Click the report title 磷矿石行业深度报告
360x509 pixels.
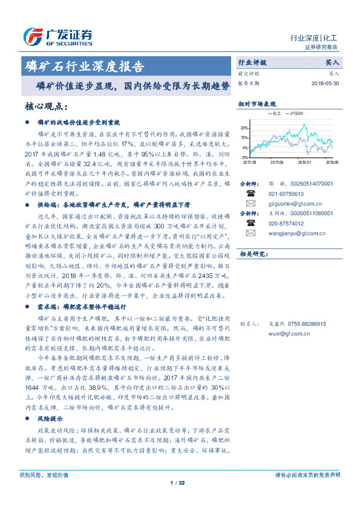[84, 66]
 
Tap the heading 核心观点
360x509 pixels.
[54, 106]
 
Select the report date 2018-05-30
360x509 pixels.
[326, 83]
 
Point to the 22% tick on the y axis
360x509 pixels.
[244, 128]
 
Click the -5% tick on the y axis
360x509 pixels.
[244, 157]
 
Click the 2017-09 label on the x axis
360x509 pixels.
[277, 162]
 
